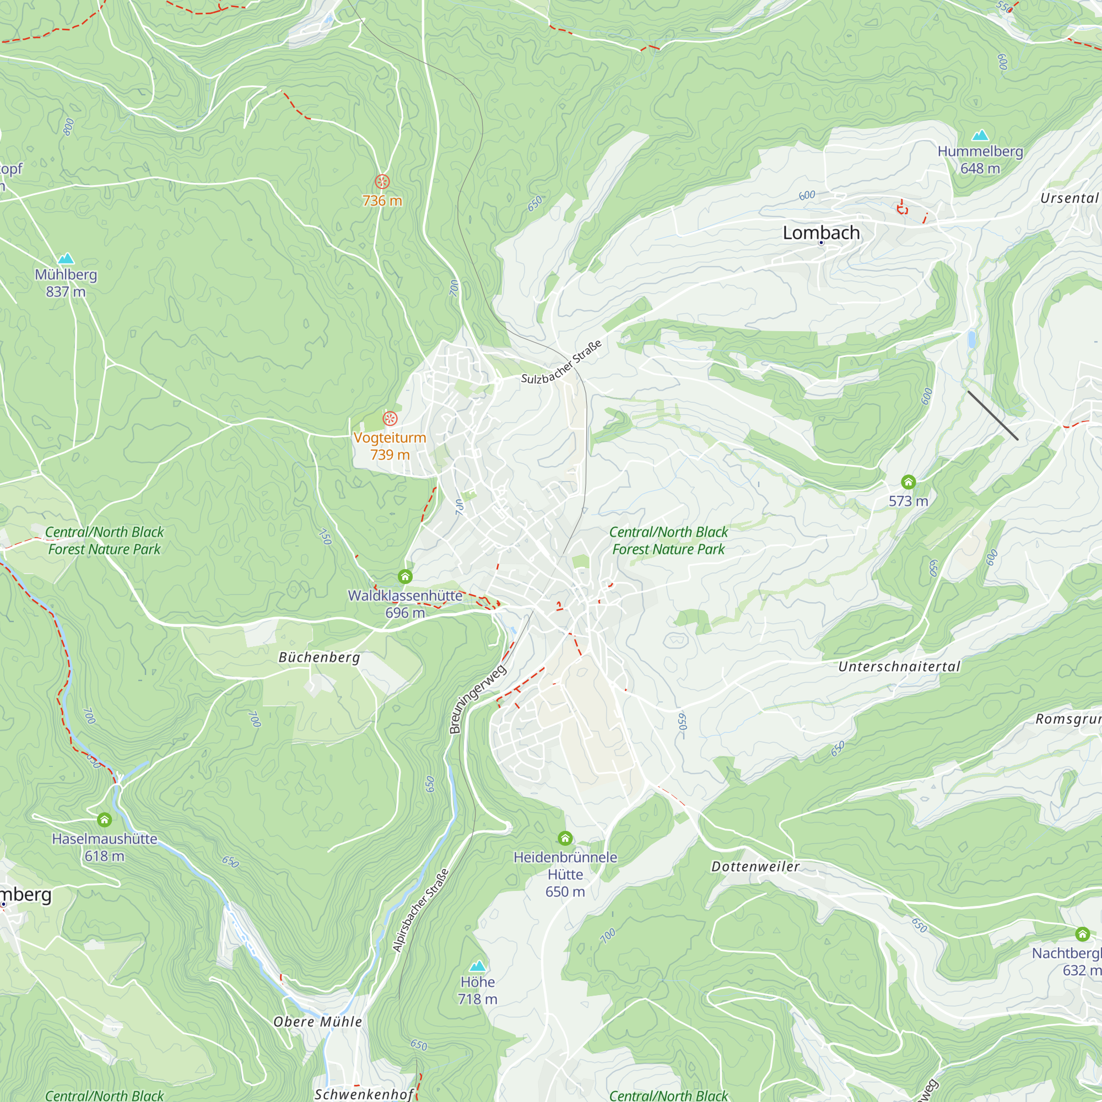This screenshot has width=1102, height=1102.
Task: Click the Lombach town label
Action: tap(821, 233)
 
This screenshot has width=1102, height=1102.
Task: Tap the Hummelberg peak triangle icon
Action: tap(980, 135)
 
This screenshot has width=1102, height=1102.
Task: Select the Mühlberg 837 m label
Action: tap(66, 283)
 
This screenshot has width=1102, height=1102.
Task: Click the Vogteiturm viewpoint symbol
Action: tap(390, 419)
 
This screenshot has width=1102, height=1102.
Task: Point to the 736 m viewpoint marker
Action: tap(382, 182)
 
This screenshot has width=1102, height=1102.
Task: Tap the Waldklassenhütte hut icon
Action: tap(405, 577)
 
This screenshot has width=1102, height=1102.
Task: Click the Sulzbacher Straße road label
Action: tap(561, 362)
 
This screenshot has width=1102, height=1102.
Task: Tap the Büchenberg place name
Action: tap(319, 658)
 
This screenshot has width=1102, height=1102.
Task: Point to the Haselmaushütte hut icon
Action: tap(104, 820)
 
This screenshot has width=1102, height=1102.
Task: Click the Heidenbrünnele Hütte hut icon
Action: tap(565, 838)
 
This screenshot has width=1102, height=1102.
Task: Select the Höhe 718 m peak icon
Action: tap(477, 966)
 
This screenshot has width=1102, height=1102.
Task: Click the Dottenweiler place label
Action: tap(755, 866)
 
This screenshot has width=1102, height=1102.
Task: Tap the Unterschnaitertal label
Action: tap(899, 666)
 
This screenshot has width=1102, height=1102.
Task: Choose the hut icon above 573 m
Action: tap(908, 482)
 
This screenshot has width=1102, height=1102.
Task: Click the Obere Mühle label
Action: tap(317, 1022)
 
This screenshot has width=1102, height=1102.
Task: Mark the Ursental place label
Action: tap(1069, 198)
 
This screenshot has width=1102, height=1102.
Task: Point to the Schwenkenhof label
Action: tap(363, 1094)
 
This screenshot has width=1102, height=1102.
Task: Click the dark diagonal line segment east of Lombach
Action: tap(992, 415)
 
